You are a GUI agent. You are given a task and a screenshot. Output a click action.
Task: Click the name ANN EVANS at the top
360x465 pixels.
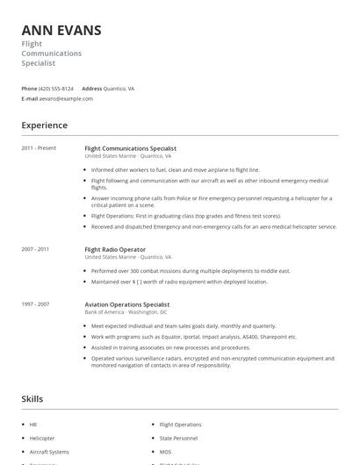[x=61, y=31]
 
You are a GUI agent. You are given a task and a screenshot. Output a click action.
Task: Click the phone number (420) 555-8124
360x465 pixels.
[x=56, y=89]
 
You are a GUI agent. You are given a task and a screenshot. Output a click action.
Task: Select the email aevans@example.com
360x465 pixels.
[x=66, y=99]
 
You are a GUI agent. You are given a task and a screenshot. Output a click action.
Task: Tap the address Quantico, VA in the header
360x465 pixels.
[x=119, y=89]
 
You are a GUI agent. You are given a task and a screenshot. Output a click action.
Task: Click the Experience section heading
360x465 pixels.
[x=44, y=125]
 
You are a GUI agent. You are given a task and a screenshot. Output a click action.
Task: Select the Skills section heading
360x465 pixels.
[x=32, y=399]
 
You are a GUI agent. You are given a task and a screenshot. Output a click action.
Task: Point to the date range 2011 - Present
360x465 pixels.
[x=39, y=148]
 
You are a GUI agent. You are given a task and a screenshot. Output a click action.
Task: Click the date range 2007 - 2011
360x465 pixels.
[x=35, y=249]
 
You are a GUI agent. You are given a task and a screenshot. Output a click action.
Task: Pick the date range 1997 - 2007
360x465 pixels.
[x=35, y=304]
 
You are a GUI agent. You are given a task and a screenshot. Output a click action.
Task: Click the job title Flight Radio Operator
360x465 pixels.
[x=115, y=249]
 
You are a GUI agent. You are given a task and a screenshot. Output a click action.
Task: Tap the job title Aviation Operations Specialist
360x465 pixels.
[x=127, y=304]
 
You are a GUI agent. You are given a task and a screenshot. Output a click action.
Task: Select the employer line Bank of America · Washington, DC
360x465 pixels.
[x=126, y=311]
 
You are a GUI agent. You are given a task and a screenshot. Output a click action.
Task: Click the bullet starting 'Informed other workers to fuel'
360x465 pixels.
[x=176, y=169]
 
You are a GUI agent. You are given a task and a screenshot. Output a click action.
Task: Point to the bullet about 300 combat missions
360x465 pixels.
[x=191, y=271]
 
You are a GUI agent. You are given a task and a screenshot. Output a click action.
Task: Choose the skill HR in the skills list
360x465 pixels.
[x=32, y=425]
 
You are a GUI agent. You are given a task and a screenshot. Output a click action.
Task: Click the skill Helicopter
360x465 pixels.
[x=42, y=438]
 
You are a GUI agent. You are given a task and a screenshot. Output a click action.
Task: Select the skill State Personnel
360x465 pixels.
[x=178, y=438]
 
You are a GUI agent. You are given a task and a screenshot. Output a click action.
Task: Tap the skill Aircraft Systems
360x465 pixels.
[x=48, y=451]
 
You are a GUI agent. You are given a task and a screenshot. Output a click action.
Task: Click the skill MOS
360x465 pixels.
[x=166, y=451]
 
